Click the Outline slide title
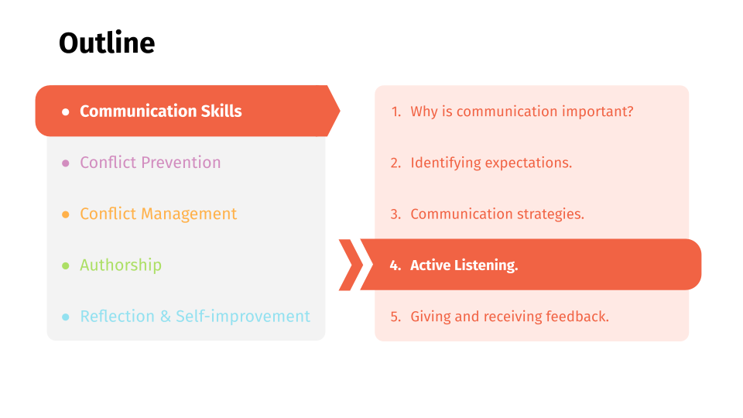(x=107, y=43)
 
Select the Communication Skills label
(x=161, y=111)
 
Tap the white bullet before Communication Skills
(x=65, y=111)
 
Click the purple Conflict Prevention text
(x=150, y=163)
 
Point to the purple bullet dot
(x=65, y=163)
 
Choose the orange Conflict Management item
(x=158, y=214)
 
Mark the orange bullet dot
(x=65, y=214)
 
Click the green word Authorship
(x=121, y=265)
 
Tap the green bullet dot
(x=65, y=266)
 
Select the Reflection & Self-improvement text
(x=195, y=316)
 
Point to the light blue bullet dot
(x=65, y=317)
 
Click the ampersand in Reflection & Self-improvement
(x=166, y=316)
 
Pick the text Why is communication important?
(x=522, y=111)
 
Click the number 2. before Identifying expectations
(x=395, y=163)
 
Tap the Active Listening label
(x=464, y=266)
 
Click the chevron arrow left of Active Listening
(x=351, y=265)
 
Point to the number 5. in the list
(x=395, y=317)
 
